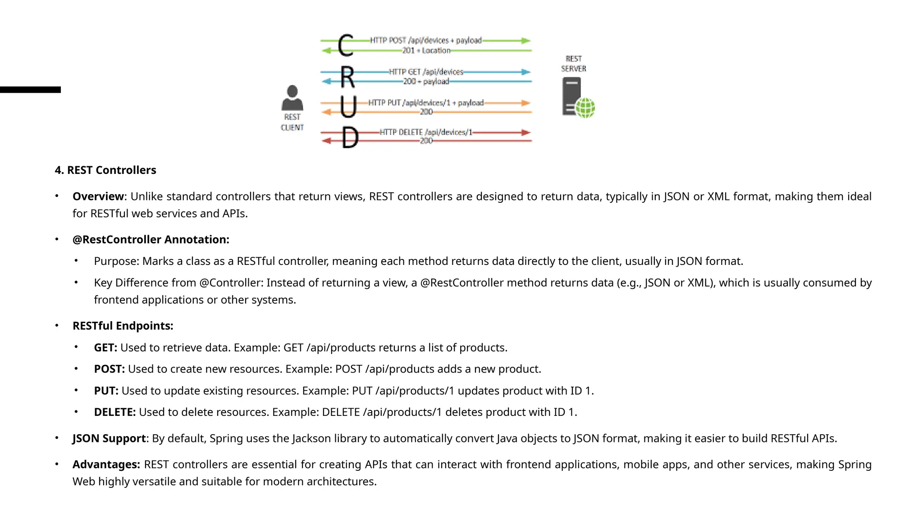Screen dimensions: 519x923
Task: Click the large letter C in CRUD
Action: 346,46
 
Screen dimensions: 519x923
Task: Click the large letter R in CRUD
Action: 347,77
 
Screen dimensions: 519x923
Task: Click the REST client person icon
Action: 292,98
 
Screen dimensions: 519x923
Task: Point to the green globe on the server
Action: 585,108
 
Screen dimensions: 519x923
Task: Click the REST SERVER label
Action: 573,64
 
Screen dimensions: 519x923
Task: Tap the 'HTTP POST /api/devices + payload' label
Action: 425,41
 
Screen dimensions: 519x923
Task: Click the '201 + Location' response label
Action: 426,50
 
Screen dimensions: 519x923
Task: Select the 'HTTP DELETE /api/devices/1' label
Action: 425,132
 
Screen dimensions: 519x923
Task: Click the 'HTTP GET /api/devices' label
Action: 425,72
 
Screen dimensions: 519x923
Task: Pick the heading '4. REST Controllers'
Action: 105,170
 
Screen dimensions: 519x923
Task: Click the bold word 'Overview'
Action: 98,196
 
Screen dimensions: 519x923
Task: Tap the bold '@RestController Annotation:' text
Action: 151,240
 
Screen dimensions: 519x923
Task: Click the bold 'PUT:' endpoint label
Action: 106,391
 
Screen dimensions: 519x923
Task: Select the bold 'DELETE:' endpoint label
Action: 114,412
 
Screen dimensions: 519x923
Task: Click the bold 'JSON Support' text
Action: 109,438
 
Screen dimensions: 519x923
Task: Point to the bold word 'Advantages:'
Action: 106,464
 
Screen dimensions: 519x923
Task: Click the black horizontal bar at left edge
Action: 30,90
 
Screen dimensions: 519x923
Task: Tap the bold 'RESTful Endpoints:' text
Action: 123,326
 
